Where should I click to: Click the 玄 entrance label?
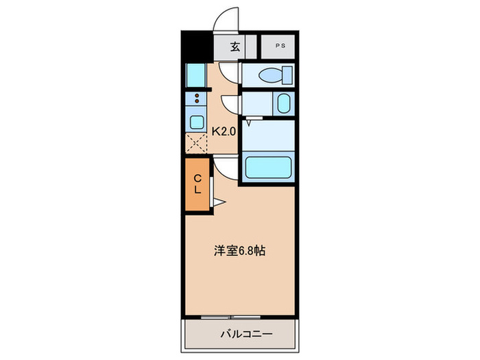point(235,47)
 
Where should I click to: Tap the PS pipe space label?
point(280,47)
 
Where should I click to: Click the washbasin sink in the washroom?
point(283,104)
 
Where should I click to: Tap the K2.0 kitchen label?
point(224,131)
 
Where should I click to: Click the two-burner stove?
point(196,99)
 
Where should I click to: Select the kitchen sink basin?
point(196,123)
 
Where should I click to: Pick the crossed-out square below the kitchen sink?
point(196,144)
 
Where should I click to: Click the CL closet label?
point(197,184)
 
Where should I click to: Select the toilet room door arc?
point(230,70)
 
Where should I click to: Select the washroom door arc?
point(231,102)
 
